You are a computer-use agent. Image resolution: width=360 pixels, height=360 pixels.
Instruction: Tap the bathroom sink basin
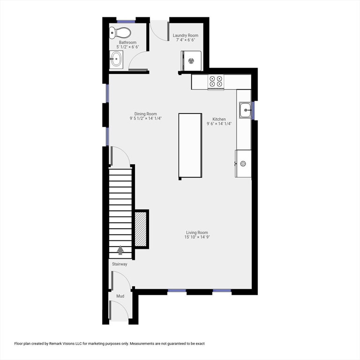pos(116,59)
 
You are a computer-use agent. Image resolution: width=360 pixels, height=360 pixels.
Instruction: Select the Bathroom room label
pos(127,43)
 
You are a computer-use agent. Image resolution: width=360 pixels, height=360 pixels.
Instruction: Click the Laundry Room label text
pos(185,36)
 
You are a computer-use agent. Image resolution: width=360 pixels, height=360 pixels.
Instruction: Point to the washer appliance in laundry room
pos(191,60)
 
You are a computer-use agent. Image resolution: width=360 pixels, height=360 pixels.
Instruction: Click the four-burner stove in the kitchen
pos(216,82)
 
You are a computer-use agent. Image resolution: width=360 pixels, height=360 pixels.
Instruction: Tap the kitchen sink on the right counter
pos(245,110)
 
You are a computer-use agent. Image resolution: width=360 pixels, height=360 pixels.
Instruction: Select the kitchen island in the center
pos(190,145)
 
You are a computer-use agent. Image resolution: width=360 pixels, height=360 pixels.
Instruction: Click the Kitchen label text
pos(219,119)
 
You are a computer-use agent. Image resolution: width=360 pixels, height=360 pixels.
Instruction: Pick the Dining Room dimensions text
pos(146,119)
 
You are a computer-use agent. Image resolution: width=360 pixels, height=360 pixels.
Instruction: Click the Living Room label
pos(197,232)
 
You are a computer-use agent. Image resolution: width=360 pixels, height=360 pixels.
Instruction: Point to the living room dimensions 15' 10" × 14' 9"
pos(197,237)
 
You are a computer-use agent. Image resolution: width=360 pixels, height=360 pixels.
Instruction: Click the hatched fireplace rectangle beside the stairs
pos(141,229)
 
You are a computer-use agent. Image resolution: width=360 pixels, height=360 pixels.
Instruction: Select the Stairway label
pos(120,264)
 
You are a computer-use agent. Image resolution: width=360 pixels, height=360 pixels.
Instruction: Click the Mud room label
pos(120,296)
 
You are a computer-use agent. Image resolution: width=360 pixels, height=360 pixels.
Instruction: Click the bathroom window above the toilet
pos(126,21)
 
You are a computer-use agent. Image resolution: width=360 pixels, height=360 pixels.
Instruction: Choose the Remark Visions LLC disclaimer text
pos(110,344)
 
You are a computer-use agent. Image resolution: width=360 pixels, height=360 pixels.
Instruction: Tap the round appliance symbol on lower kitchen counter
pos(243,164)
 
